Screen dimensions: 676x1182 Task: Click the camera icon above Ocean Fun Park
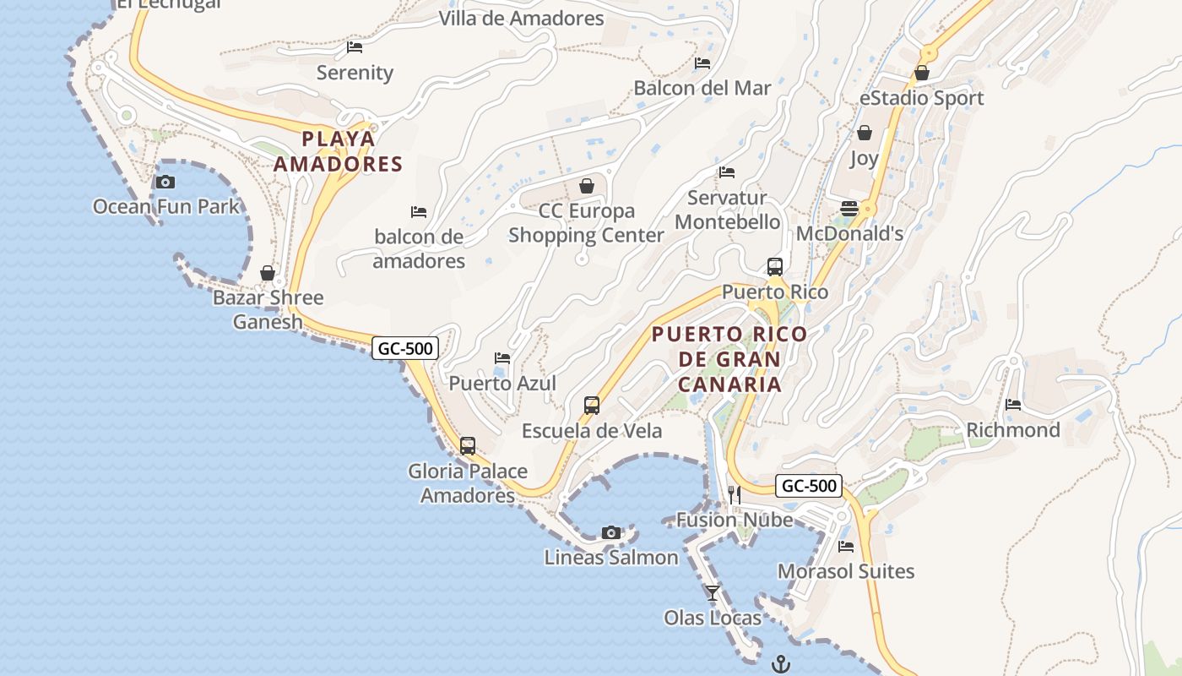[x=165, y=182]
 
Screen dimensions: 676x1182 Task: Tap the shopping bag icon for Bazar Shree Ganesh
[x=268, y=273]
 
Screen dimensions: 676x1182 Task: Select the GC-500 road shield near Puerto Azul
[x=405, y=347]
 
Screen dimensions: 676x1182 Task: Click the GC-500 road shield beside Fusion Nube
[x=809, y=486]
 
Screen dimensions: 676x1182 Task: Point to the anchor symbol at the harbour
[x=780, y=663]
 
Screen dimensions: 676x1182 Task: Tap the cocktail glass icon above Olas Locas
[x=713, y=592]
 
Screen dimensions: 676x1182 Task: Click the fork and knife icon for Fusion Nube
[x=735, y=494]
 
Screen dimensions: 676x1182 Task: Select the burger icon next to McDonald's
[x=849, y=209]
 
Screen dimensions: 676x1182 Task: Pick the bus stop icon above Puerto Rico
[x=775, y=267]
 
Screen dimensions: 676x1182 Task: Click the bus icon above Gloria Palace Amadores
[x=468, y=446]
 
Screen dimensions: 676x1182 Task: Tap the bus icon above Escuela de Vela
[x=592, y=406]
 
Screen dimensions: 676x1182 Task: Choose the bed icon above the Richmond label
[x=1013, y=405]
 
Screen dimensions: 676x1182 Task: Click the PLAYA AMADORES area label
[x=339, y=151]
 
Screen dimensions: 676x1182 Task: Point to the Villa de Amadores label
[x=521, y=18]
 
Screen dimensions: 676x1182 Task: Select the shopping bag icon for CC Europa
[x=587, y=186]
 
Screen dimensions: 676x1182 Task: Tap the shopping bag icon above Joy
[x=865, y=133]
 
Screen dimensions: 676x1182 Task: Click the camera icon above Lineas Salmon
[x=611, y=532]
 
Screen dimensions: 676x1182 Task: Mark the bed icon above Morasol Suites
[x=846, y=547]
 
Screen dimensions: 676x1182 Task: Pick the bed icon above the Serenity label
[x=355, y=47]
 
